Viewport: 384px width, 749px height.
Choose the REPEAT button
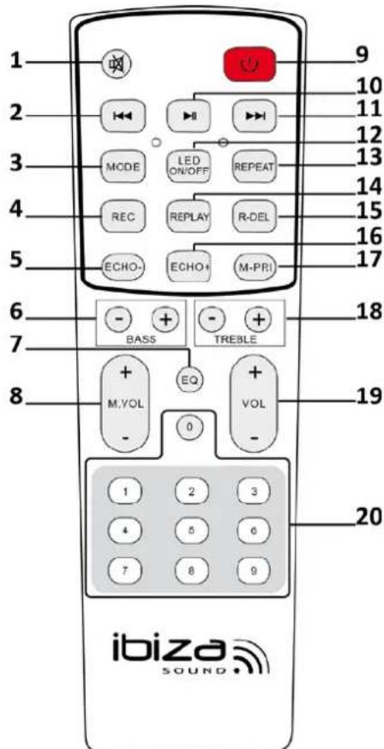pyautogui.click(x=255, y=167)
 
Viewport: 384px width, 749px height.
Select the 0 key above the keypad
pyautogui.click(x=189, y=426)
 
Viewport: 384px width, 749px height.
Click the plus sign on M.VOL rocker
pyautogui.click(x=125, y=371)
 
